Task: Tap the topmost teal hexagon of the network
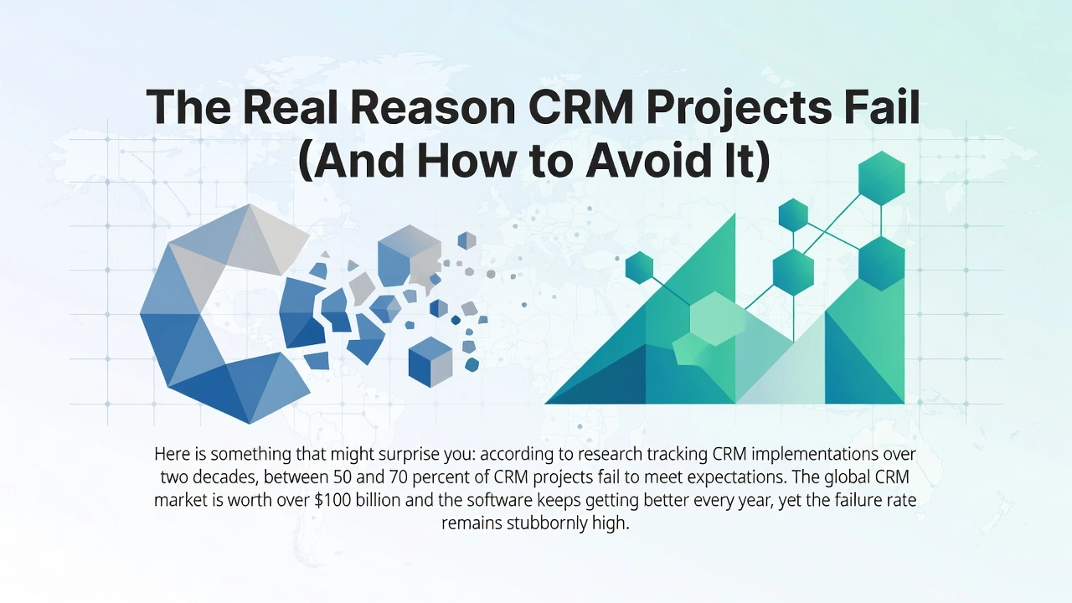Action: click(x=882, y=178)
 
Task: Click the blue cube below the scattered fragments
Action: click(x=430, y=362)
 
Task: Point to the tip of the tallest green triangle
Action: click(x=734, y=214)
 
